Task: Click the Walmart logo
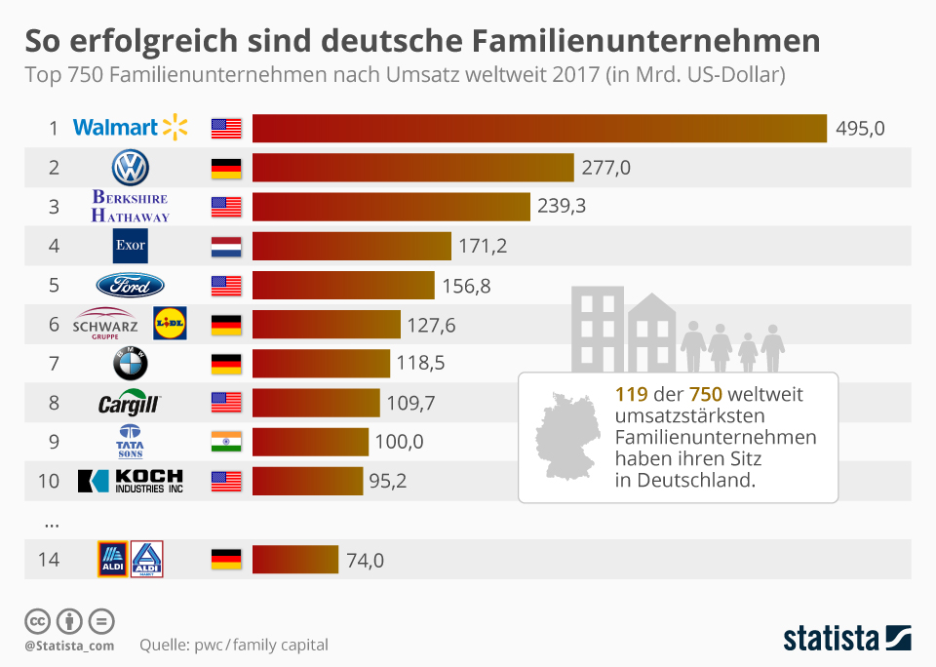click(130, 128)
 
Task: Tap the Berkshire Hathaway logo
click(131, 207)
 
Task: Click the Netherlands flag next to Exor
click(226, 246)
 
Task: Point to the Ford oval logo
click(130, 285)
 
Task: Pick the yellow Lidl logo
click(170, 323)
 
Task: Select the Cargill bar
click(316, 402)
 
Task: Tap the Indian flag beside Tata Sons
click(226, 441)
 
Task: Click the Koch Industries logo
click(131, 480)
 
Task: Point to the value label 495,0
click(860, 128)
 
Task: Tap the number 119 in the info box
click(632, 395)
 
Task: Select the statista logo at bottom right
click(847, 639)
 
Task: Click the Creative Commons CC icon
click(37, 621)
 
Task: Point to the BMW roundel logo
click(130, 363)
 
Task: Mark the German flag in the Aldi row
click(226, 560)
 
